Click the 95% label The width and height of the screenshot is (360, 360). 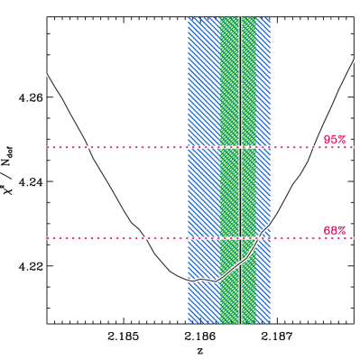(334, 140)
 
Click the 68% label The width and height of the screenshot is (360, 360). (334, 230)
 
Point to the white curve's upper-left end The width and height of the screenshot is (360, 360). (47, 74)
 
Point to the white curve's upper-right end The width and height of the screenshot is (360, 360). (354, 60)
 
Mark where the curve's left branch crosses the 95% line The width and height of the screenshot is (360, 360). (87, 146)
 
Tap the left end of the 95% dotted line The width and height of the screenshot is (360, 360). (48, 146)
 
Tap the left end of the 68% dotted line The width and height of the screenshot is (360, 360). (48, 238)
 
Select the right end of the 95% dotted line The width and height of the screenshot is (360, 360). (353, 146)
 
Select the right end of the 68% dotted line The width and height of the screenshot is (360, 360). (353, 238)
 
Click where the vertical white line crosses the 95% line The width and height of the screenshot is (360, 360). (241, 146)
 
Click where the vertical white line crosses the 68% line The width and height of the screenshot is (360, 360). (241, 238)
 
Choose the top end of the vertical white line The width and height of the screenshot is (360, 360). (241, 18)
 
